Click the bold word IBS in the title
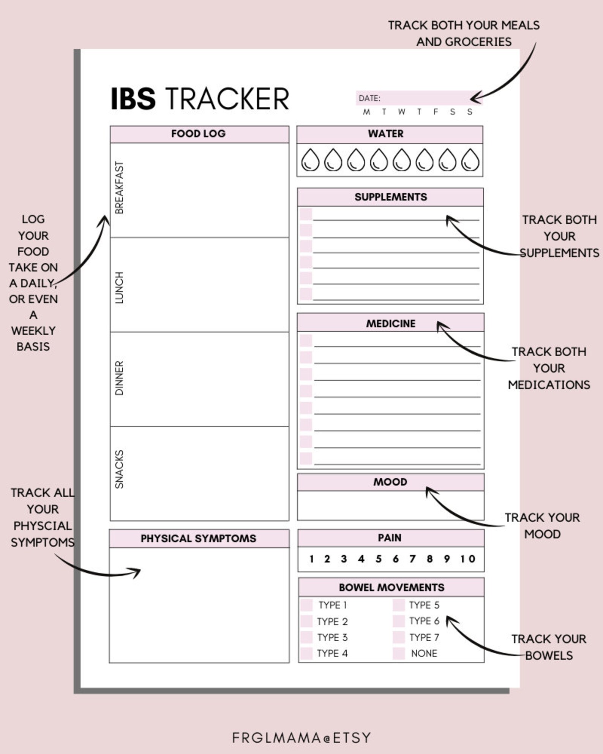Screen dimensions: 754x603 pyautogui.click(x=133, y=99)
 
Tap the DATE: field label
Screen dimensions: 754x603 pyautogui.click(x=369, y=98)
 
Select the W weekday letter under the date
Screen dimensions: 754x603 pyautogui.click(x=401, y=112)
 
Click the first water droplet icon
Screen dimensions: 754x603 pyautogui.click(x=310, y=160)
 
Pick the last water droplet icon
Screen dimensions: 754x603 pyautogui.click(x=470, y=160)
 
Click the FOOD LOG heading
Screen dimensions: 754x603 pyautogui.click(x=198, y=134)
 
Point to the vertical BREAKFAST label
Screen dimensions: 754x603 pyautogui.click(x=119, y=188)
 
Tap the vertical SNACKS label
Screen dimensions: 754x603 pyautogui.click(x=119, y=469)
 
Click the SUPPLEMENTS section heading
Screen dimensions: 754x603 pyautogui.click(x=390, y=197)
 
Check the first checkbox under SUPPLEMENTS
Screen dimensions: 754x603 pyautogui.click(x=306, y=214)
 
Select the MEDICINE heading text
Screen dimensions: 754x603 pyautogui.click(x=390, y=324)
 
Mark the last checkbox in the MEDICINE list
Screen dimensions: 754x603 pyautogui.click(x=306, y=458)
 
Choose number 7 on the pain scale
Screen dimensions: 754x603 pyautogui.click(x=412, y=559)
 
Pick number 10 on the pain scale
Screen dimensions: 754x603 pyautogui.click(x=467, y=559)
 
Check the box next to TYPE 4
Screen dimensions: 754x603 pyautogui.click(x=306, y=653)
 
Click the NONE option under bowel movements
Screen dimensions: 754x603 pyautogui.click(x=424, y=653)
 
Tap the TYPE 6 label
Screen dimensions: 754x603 pyautogui.click(x=424, y=621)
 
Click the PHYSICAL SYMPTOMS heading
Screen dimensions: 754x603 pyautogui.click(x=198, y=538)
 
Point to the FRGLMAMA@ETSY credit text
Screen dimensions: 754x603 pyautogui.click(x=301, y=738)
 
